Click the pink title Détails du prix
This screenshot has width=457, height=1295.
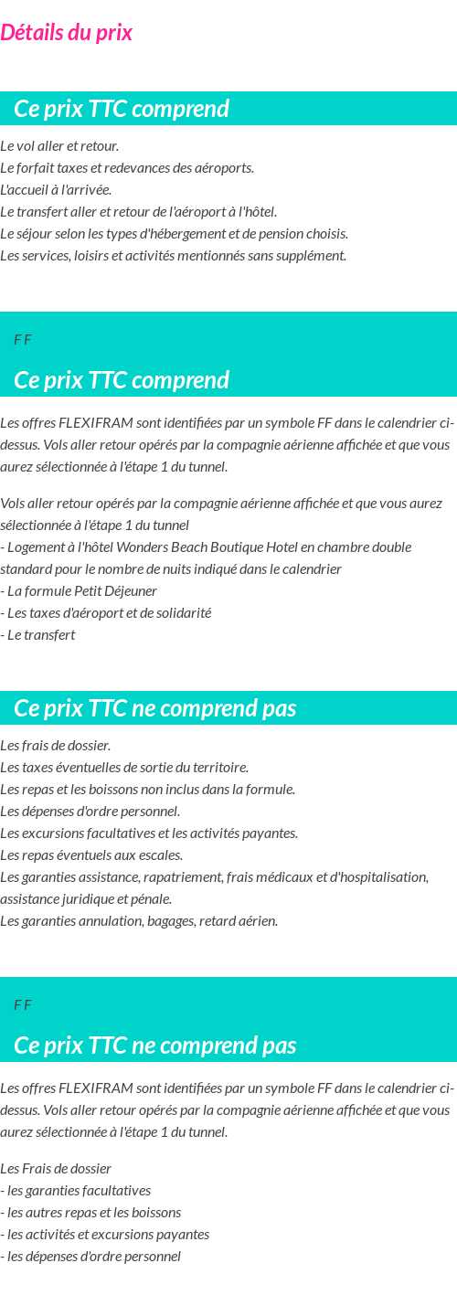pos(66,33)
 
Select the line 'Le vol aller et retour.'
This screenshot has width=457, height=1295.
pos(59,146)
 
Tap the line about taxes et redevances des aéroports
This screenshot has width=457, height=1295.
pos(127,168)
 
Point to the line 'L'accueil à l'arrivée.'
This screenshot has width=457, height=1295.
pos(56,190)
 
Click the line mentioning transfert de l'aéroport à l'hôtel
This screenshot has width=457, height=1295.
pos(138,212)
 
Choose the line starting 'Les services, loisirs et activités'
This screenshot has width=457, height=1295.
pos(173,256)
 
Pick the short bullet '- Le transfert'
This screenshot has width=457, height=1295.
pos(38,635)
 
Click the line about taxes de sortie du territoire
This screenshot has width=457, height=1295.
pos(124,768)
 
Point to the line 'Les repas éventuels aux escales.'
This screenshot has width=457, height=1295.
pos(91,855)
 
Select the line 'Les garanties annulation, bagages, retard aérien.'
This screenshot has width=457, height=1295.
pos(139,921)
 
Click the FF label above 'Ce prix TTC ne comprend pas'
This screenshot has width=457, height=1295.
pos(23,1005)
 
